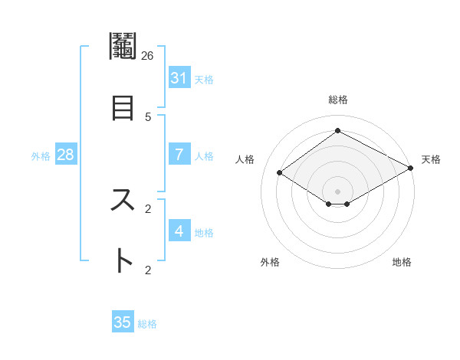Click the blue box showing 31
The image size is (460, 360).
pyautogui.click(x=179, y=78)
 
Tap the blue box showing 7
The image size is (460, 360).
pyautogui.click(x=179, y=155)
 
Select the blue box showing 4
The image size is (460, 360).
pyautogui.click(x=179, y=231)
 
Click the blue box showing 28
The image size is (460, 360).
pyautogui.click(x=66, y=155)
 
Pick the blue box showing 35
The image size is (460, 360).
pyautogui.click(x=123, y=322)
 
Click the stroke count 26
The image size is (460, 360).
pyautogui.click(x=147, y=56)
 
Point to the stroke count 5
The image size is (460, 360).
pyautogui.click(x=148, y=117)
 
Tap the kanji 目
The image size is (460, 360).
pyautogui.click(x=123, y=106)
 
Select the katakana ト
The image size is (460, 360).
pyautogui.click(x=123, y=260)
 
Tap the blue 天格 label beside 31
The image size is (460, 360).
pyautogui.click(x=204, y=79)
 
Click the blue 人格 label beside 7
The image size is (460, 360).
pyautogui.click(x=204, y=155)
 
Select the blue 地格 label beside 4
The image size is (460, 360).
pyautogui.click(x=204, y=232)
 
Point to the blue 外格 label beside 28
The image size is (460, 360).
pyautogui.click(x=41, y=155)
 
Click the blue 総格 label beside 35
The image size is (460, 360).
pyautogui.click(x=147, y=323)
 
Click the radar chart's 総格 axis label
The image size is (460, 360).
pyautogui.click(x=337, y=100)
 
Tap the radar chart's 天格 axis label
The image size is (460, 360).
pyautogui.click(x=431, y=159)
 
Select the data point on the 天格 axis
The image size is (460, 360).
pyautogui.click(x=411, y=169)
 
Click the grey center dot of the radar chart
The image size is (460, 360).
pyautogui.click(x=337, y=191)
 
